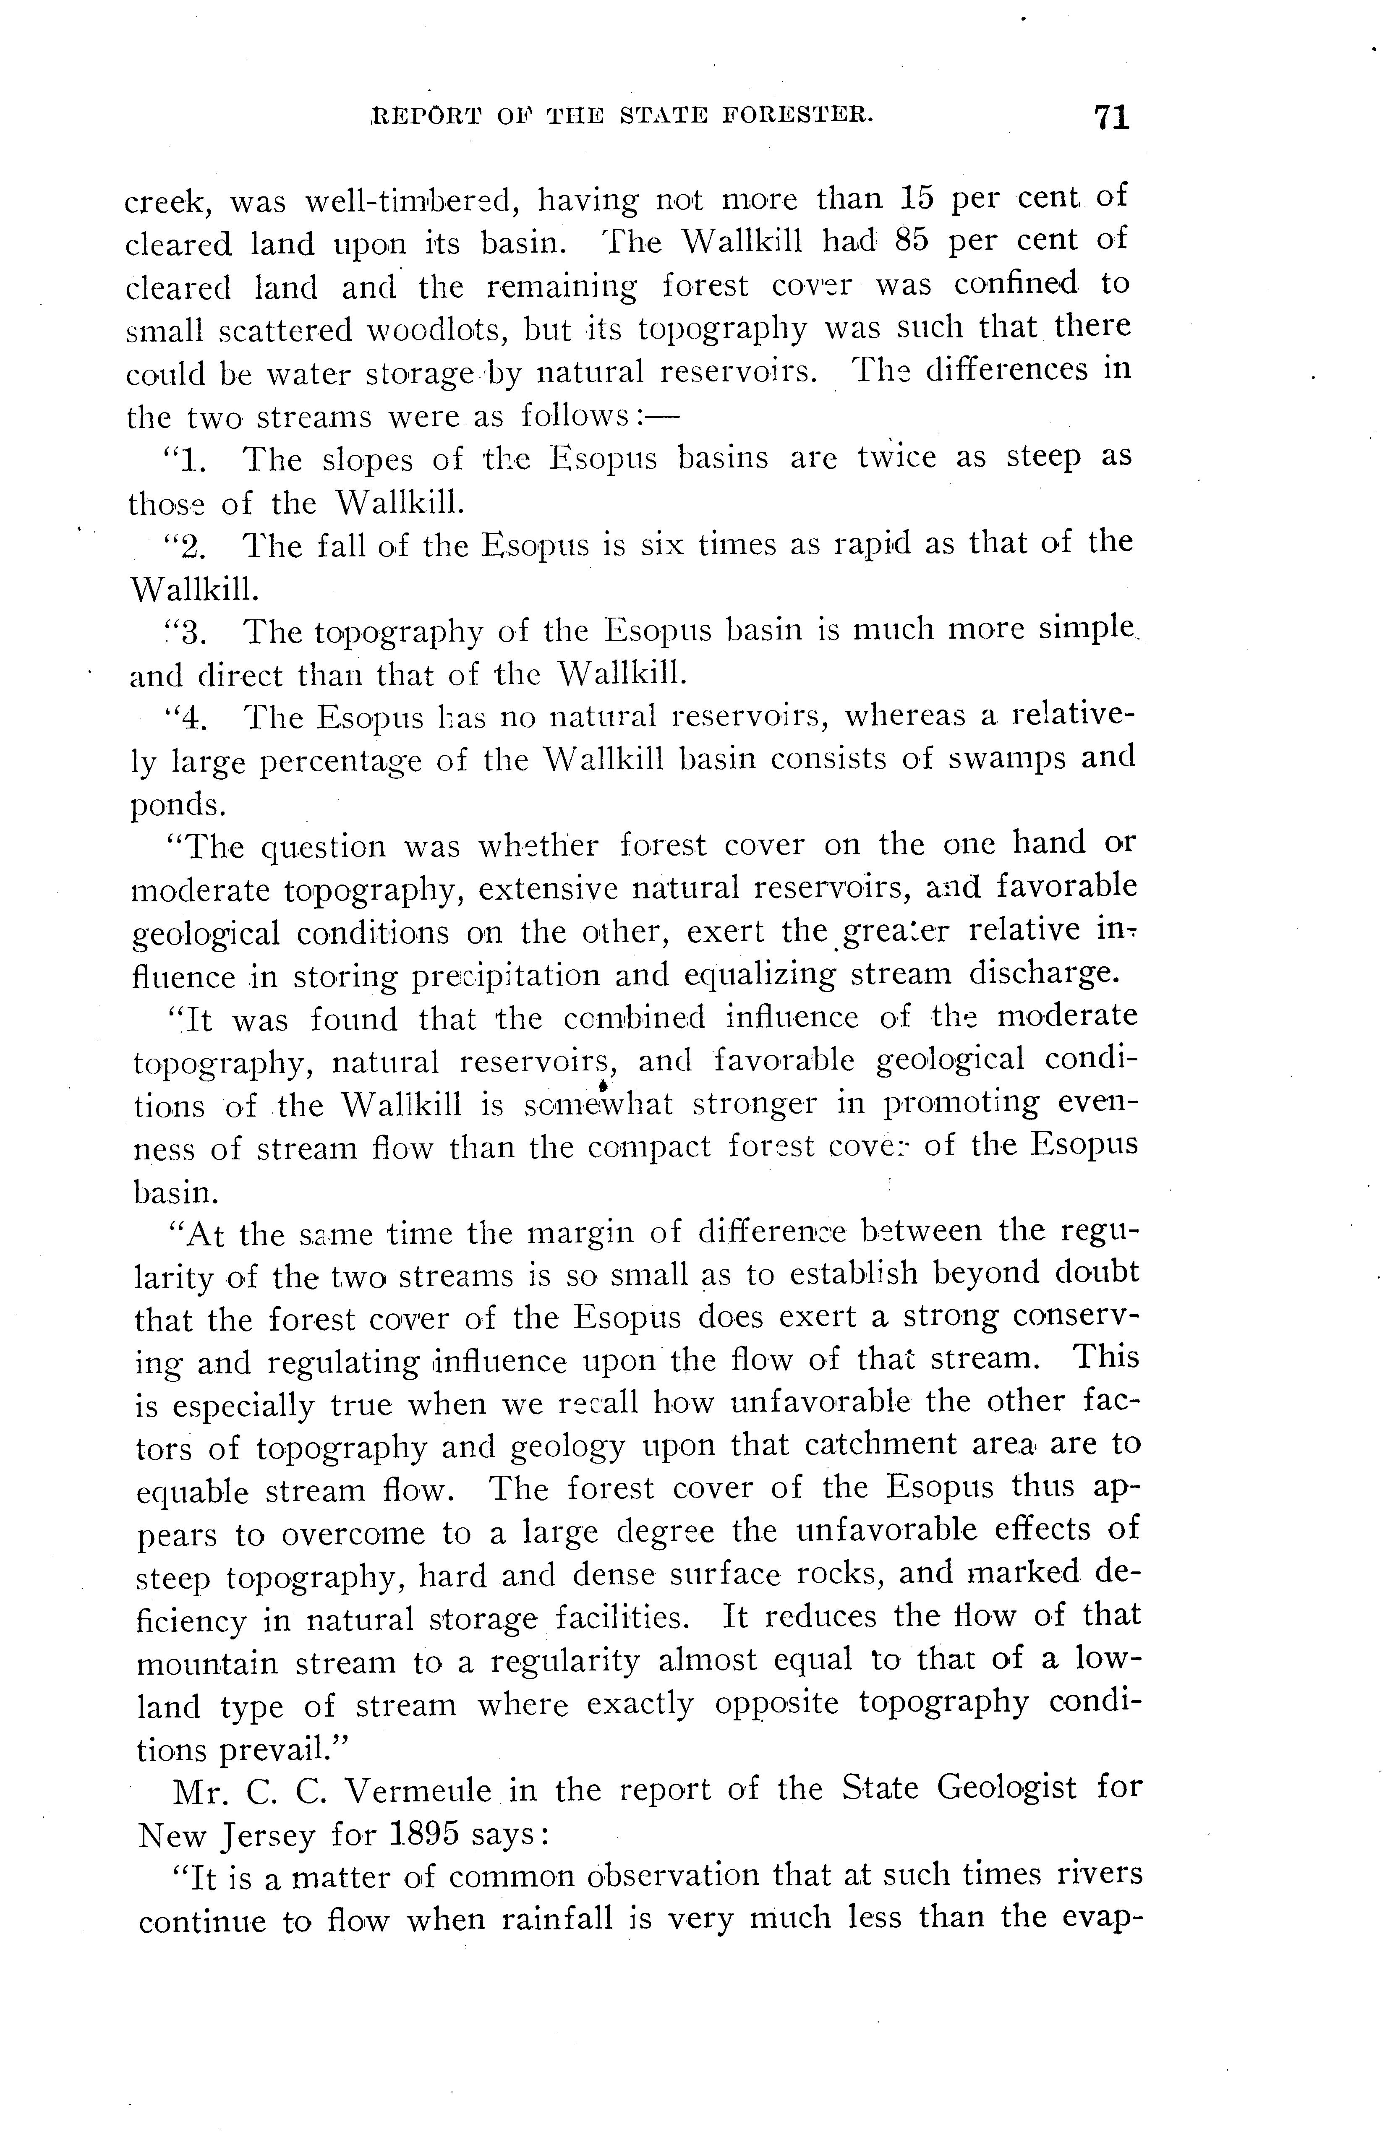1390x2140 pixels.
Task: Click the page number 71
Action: (1111, 118)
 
